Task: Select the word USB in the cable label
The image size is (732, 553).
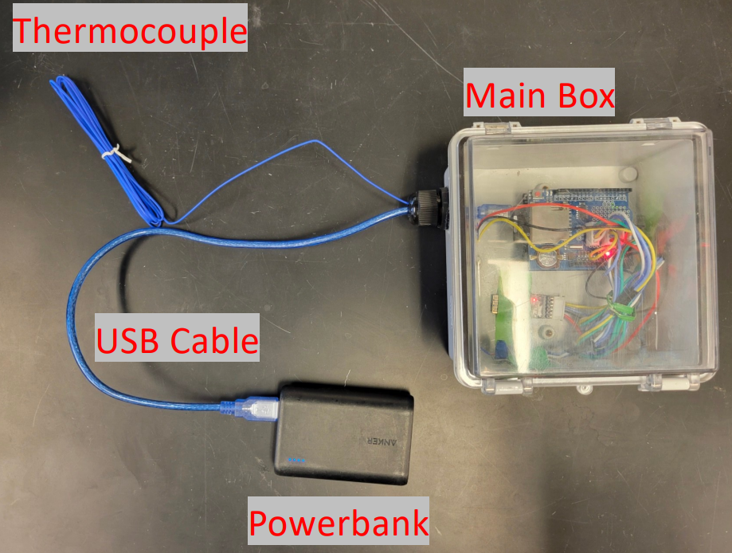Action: click(x=132, y=340)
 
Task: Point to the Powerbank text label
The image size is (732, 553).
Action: click(x=339, y=523)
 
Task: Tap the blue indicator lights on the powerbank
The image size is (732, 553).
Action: click(x=296, y=459)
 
